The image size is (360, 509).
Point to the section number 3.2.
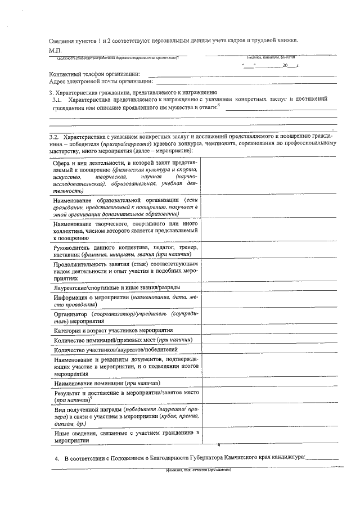tap(54, 137)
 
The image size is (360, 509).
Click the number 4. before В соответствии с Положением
tap(57, 458)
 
